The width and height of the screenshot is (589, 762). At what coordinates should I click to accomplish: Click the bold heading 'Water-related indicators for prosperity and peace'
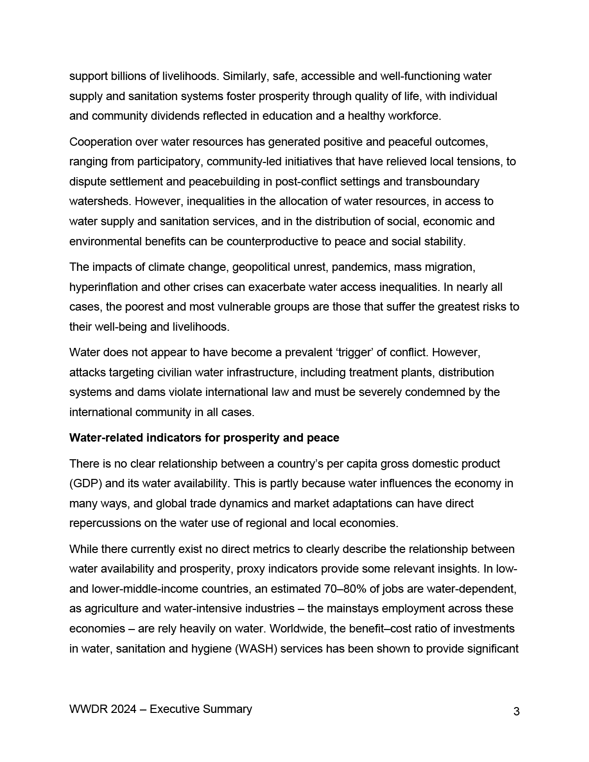[204, 438]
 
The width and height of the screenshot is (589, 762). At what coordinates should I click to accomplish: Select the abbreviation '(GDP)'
[86, 483]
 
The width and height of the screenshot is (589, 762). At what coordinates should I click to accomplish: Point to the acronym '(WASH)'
[252, 649]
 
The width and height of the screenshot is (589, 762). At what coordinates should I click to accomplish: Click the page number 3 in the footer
[516, 711]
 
